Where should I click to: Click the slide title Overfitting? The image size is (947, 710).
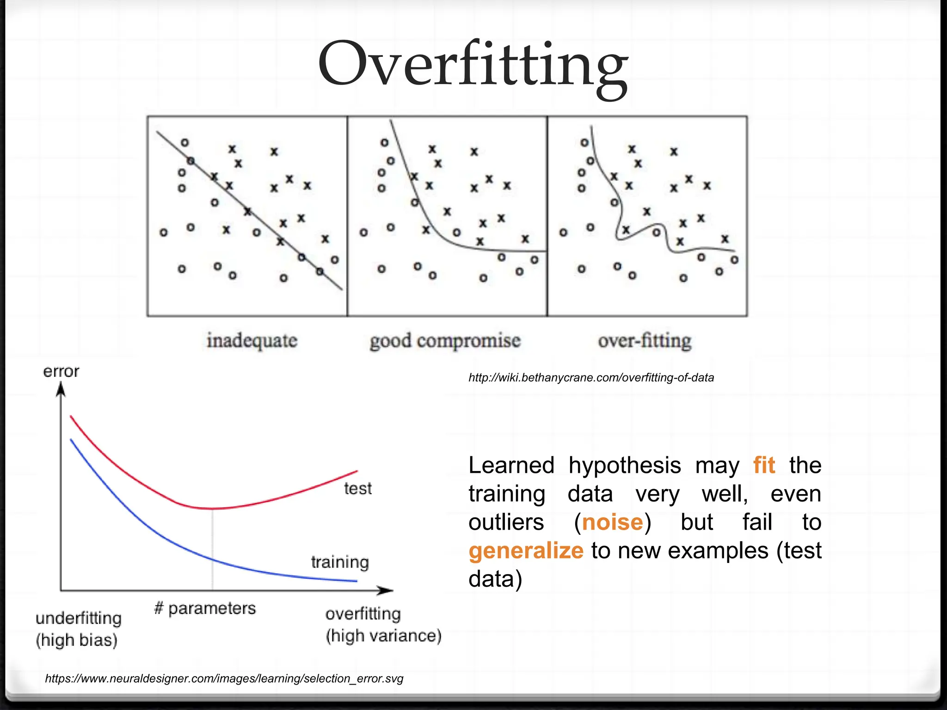(473, 65)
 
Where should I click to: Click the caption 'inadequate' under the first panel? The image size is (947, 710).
(252, 341)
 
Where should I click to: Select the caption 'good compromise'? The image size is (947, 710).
(445, 341)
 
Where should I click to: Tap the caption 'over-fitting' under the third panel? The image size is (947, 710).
(645, 341)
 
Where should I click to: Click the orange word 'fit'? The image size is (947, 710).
(764, 465)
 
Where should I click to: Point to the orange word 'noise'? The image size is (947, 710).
(612, 522)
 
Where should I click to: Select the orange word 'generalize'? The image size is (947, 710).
(526, 551)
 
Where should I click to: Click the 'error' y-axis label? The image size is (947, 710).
(61, 371)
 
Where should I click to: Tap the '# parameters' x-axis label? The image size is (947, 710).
(205, 608)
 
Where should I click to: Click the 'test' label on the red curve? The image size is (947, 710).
(357, 489)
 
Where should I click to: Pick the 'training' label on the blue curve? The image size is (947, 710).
(340, 562)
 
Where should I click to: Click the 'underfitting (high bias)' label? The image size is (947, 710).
(78, 629)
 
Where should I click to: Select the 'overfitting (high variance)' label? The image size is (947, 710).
(383, 625)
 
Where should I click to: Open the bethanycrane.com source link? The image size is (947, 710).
(591, 378)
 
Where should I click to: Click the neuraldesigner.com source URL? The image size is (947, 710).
(224, 679)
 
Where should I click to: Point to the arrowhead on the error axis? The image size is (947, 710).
(61, 391)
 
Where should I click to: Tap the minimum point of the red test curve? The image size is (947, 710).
(212, 508)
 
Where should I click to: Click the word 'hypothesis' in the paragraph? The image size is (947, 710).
(624, 465)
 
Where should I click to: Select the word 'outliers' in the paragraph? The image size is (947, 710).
(506, 522)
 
